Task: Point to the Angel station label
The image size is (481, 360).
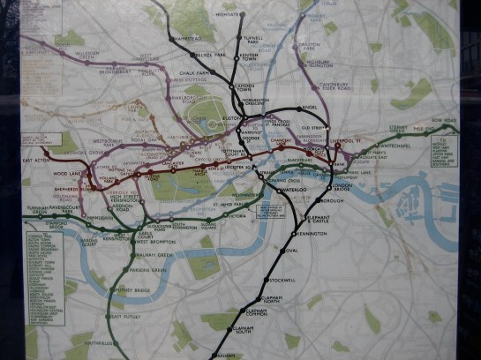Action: coord(309,108)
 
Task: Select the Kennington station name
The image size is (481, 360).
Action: coord(312,233)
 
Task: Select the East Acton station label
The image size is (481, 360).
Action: coord(33,160)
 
